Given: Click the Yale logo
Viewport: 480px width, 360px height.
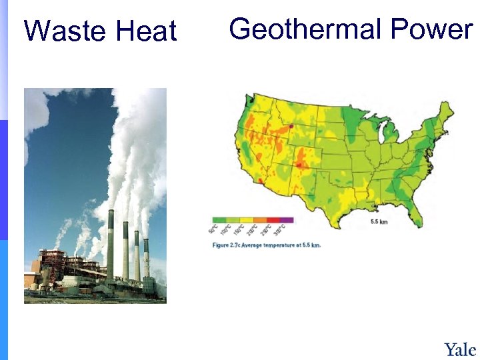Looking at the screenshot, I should (x=460, y=349).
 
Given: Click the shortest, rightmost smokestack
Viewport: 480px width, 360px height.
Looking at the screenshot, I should (x=146, y=257).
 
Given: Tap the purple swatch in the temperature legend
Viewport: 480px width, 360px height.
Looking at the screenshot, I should (x=286, y=219).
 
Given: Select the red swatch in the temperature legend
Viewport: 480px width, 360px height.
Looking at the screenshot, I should (x=273, y=219).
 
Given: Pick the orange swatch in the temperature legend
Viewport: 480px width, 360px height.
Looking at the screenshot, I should (x=259, y=219).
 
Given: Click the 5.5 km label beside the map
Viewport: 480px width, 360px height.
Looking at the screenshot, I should (x=379, y=221).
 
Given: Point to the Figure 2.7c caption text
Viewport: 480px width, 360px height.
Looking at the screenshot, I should (x=267, y=245).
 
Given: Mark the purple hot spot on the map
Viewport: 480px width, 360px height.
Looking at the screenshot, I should (x=291, y=125).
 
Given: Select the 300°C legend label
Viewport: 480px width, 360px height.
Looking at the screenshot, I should (x=283, y=231).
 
